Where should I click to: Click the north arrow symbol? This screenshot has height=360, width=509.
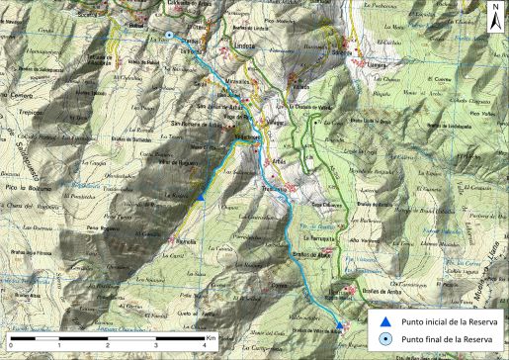(495, 14)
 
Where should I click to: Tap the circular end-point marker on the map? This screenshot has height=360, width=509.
(169, 36)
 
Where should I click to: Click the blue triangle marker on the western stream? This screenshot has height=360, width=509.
(201, 197)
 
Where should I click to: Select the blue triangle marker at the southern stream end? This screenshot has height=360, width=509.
(340, 325)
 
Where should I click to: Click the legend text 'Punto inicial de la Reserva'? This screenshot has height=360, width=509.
(450, 321)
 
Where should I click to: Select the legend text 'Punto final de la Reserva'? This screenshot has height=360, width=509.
(447, 339)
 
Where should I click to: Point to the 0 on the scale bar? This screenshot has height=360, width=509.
(9, 344)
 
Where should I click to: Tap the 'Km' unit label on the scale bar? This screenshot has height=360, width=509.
(212, 337)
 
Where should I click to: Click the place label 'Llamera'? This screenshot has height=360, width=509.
(376, 64)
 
